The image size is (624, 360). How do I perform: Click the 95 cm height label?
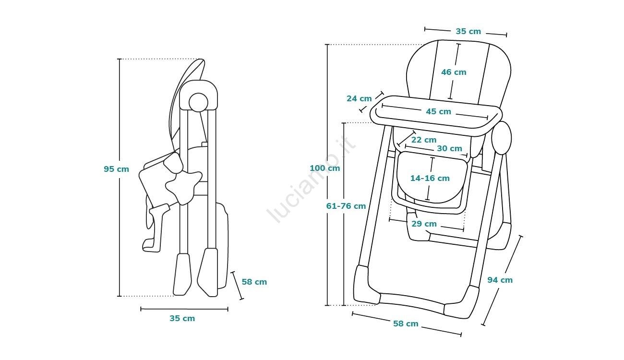116,169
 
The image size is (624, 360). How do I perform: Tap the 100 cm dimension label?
324,168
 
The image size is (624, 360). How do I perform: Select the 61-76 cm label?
346,206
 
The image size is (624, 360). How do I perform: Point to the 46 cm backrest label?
454,72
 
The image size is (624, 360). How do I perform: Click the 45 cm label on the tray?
438,111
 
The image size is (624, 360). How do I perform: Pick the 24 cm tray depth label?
359,98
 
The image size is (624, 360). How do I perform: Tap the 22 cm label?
424,140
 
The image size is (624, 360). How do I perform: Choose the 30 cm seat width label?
449,148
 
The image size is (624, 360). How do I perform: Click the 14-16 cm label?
430,178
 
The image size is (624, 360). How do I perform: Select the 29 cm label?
424,224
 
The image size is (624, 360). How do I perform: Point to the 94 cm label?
500,280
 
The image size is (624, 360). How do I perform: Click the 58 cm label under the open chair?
406,324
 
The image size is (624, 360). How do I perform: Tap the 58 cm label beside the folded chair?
254,282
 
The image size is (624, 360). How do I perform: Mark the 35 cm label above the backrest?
468,31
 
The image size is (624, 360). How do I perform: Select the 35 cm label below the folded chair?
182,318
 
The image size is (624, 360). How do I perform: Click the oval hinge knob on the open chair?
502,138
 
